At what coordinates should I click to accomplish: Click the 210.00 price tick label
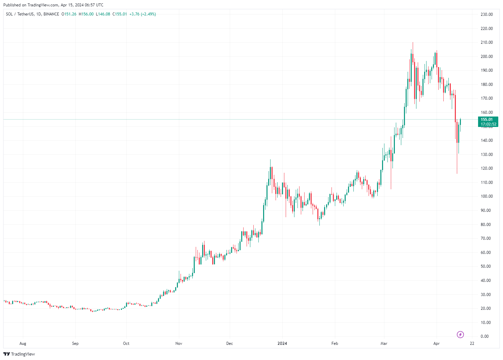click(x=486, y=42)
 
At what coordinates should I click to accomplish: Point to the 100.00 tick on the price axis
click(x=486, y=196)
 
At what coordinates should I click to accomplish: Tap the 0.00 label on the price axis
click(x=484, y=336)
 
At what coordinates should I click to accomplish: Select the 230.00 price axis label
click(x=486, y=14)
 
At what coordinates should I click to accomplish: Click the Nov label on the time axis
click(x=179, y=343)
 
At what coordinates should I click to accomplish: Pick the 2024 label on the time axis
click(x=282, y=343)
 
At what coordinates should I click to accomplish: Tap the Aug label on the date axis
click(x=23, y=343)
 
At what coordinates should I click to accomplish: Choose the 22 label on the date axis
click(x=472, y=343)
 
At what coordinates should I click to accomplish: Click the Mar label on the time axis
click(x=384, y=343)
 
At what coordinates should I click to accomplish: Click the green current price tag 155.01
click(x=486, y=120)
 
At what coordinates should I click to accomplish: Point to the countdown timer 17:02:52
click(x=488, y=124)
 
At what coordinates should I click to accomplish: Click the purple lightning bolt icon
click(x=460, y=334)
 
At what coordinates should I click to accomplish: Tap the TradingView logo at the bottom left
click(x=19, y=354)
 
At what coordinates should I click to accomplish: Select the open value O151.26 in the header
click(x=69, y=14)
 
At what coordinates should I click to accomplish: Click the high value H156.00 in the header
click(x=86, y=14)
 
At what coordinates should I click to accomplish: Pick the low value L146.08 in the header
click(x=103, y=14)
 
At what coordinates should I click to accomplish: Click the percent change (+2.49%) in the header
click(x=148, y=14)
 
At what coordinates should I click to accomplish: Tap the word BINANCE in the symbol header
click(x=51, y=14)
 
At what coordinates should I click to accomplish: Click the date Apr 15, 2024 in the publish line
click(x=73, y=5)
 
